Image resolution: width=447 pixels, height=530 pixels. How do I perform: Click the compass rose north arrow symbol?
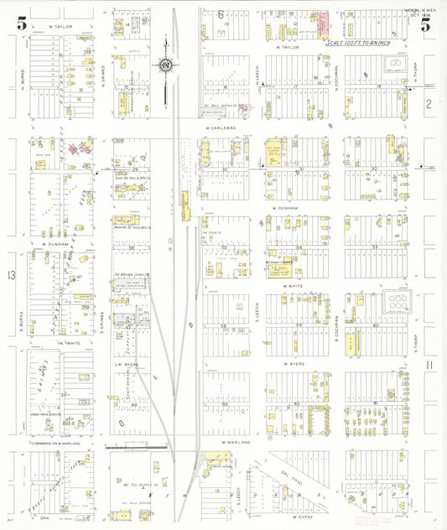click(x=166, y=65)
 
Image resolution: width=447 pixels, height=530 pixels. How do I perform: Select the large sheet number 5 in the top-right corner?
click(x=426, y=23)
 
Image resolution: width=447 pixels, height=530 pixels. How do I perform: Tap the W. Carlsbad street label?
click(x=221, y=128)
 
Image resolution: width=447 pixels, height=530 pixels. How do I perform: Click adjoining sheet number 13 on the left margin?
click(x=10, y=276)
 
